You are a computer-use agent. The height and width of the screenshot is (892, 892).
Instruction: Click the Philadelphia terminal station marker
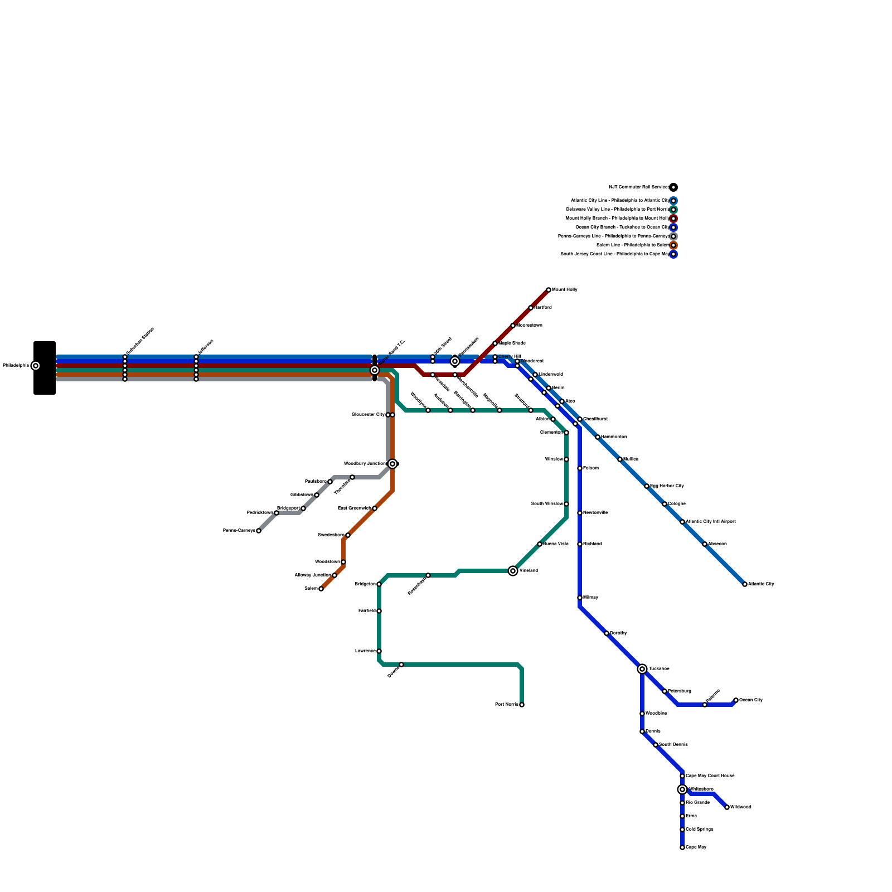[36, 366]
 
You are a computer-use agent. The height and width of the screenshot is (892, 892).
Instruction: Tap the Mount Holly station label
[564, 290]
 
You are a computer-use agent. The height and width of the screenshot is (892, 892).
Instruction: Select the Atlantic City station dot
[745, 584]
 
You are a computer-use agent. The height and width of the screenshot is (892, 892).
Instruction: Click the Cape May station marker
[682, 847]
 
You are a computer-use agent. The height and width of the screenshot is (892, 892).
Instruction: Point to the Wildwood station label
[740, 807]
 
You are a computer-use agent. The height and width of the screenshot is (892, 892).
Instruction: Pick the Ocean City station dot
[736, 700]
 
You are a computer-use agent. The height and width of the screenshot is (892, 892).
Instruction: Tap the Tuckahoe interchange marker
[642, 669]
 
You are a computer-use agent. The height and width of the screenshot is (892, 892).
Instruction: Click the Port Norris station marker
[522, 705]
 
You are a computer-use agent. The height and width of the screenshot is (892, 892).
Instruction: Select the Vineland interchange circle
[513, 571]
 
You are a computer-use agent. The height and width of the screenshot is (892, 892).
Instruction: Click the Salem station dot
[321, 589]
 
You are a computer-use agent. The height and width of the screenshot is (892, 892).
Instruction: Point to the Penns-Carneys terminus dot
[259, 531]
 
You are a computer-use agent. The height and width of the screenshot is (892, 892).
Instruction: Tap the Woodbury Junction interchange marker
[392, 464]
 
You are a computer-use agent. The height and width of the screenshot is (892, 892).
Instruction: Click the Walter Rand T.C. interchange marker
[375, 370]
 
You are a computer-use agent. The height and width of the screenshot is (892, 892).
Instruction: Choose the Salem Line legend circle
[673, 245]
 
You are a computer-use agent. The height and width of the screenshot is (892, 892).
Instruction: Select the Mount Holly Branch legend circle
[673, 219]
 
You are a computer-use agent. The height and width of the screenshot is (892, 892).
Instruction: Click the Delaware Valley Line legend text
[617, 210]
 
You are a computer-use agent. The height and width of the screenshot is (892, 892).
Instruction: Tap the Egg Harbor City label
[667, 486]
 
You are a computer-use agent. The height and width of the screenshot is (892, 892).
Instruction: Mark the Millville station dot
[580, 598]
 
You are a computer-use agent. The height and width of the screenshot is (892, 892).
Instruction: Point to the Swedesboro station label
[331, 535]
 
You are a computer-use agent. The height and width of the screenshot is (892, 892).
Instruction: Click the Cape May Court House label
[710, 776]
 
